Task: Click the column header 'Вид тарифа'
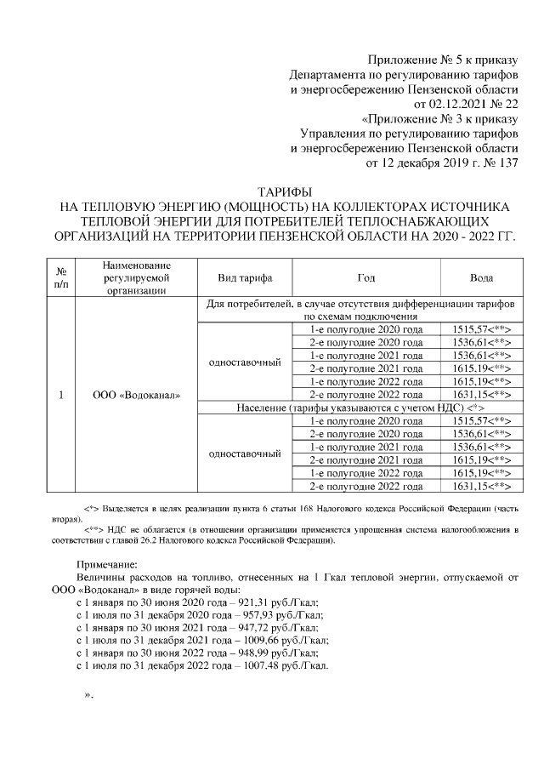[x=245, y=277]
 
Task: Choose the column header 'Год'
[x=365, y=277]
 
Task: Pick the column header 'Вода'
[x=481, y=277]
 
